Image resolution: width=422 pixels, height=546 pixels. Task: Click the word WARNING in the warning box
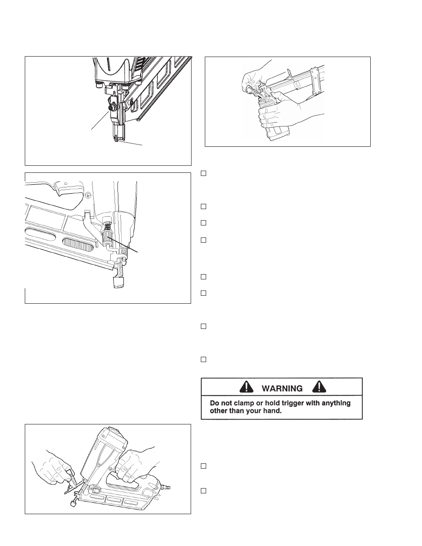pos(282,389)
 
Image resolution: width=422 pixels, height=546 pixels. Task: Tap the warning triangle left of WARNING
pos(246,387)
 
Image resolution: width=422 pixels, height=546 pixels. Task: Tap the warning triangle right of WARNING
pos(319,387)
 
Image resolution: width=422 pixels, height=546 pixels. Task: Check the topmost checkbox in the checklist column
pos(203,173)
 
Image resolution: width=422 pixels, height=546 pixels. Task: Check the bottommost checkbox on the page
pos(203,491)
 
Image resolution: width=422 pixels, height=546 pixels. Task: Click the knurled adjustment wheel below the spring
pos(107,237)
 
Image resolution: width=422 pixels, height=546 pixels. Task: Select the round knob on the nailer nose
pos(111,107)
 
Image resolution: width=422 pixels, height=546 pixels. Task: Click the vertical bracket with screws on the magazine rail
pos(316,81)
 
